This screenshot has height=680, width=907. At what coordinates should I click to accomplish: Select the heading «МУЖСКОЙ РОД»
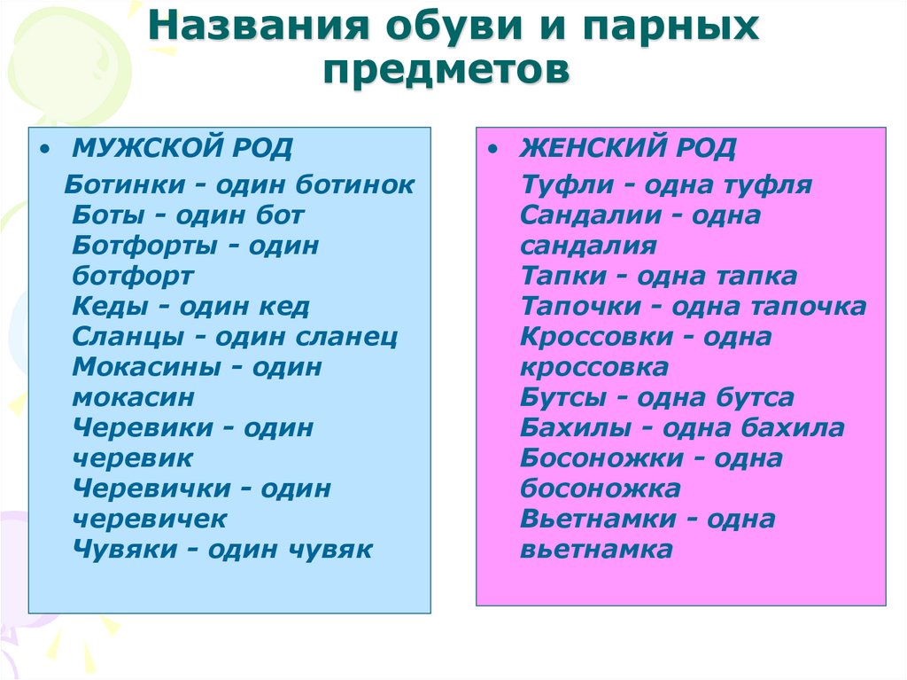pyautogui.click(x=182, y=148)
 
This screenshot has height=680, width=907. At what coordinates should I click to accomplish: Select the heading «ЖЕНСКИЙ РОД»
pyautogui.click(x=628, y=148)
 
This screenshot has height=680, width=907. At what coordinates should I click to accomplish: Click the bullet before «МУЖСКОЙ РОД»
pyautogui.click(x=43, y=149)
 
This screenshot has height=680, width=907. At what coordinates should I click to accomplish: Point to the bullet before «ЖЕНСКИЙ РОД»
pyautogui.click(x=492, y=149)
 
